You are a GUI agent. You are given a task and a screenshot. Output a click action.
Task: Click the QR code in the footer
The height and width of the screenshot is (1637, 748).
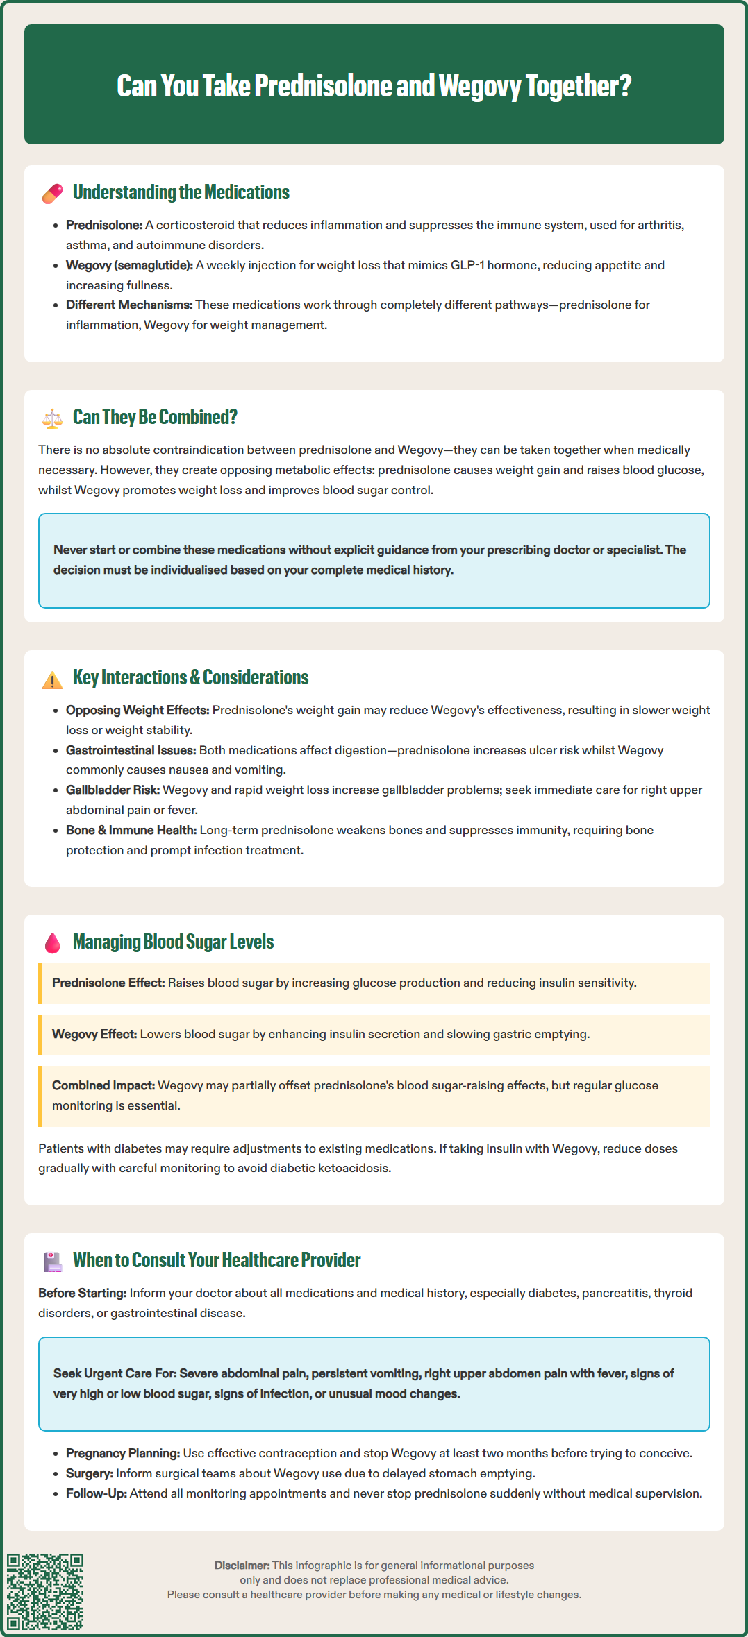coord(45,1591)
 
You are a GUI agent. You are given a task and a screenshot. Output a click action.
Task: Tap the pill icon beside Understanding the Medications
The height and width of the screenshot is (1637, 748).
coord(53,194)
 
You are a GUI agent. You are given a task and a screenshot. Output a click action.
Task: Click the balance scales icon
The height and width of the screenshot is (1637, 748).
coord(52,418)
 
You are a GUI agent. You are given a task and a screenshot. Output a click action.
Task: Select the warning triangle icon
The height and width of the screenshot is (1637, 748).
coord(52,679)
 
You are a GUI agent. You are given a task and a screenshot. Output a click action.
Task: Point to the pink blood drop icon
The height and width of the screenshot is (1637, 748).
coord(52,943)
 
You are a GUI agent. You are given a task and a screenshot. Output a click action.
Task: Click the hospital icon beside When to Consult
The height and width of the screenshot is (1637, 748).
coord(53,1262)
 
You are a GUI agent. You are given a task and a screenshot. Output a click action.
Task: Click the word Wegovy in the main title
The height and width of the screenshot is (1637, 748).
coord(479,86)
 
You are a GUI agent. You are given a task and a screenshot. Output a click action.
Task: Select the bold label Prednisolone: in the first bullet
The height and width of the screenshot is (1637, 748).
coord(104,226)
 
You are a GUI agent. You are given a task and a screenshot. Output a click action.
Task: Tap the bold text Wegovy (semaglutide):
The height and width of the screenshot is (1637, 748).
coord(129,266)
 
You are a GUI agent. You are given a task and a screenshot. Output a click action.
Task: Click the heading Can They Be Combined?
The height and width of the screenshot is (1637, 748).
coord(155,417)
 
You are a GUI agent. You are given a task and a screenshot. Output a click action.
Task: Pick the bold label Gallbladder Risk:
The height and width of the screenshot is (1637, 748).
coord(113,790)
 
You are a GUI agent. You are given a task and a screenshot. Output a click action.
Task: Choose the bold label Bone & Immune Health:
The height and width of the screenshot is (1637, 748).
coord(131,831)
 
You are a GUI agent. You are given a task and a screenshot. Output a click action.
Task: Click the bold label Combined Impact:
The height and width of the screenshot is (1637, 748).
coord(103,1086)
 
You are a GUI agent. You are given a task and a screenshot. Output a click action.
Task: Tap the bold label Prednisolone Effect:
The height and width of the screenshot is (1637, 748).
coord(108,983)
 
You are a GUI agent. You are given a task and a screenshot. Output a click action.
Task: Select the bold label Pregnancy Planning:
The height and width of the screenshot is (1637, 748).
coord(123,1454)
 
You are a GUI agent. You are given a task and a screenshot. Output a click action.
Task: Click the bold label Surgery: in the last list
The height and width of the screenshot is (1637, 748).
coord(90,1474)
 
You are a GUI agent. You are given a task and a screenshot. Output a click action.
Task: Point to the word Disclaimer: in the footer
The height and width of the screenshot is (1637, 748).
coord(242,1566)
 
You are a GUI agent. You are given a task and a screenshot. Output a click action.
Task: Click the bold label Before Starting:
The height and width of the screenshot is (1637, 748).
coord(83,1294)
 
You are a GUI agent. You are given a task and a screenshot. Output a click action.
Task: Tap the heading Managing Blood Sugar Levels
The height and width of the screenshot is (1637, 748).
coord(173,942)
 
